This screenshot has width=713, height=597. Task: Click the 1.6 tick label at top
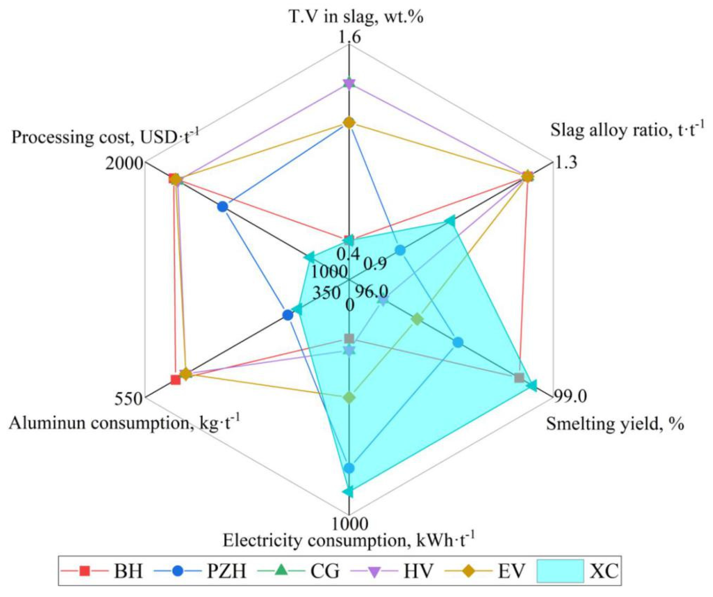tap(349, 37)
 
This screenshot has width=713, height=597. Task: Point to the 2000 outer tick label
tap(123, 164)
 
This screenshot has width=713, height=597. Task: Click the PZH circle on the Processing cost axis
tap(222, 207)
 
